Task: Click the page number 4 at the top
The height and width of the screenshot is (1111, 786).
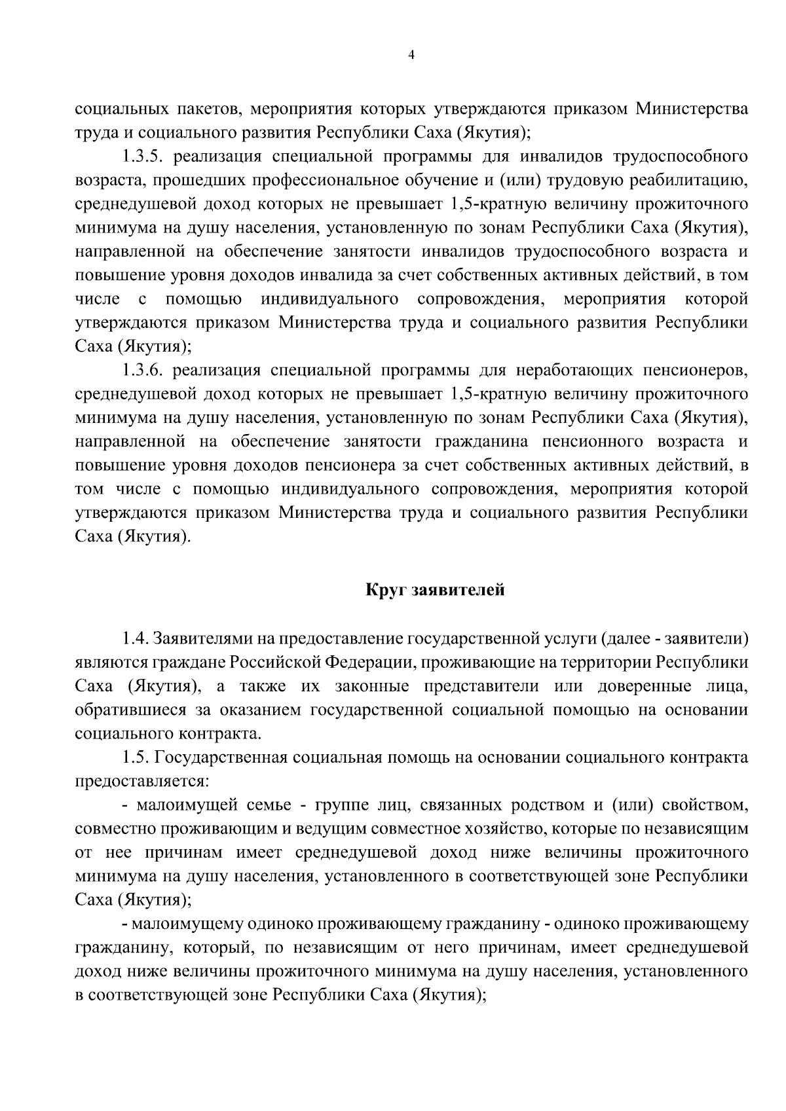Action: point(411,56)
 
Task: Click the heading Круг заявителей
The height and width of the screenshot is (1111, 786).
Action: point(435,590)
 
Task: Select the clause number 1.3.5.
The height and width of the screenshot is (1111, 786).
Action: point(145,156)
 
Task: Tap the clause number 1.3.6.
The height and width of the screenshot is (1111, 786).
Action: point(145,371)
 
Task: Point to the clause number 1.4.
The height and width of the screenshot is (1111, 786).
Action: point(136,638)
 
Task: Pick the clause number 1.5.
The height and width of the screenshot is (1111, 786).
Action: point(136,757)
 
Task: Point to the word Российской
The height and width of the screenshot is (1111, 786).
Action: point(274,661)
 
